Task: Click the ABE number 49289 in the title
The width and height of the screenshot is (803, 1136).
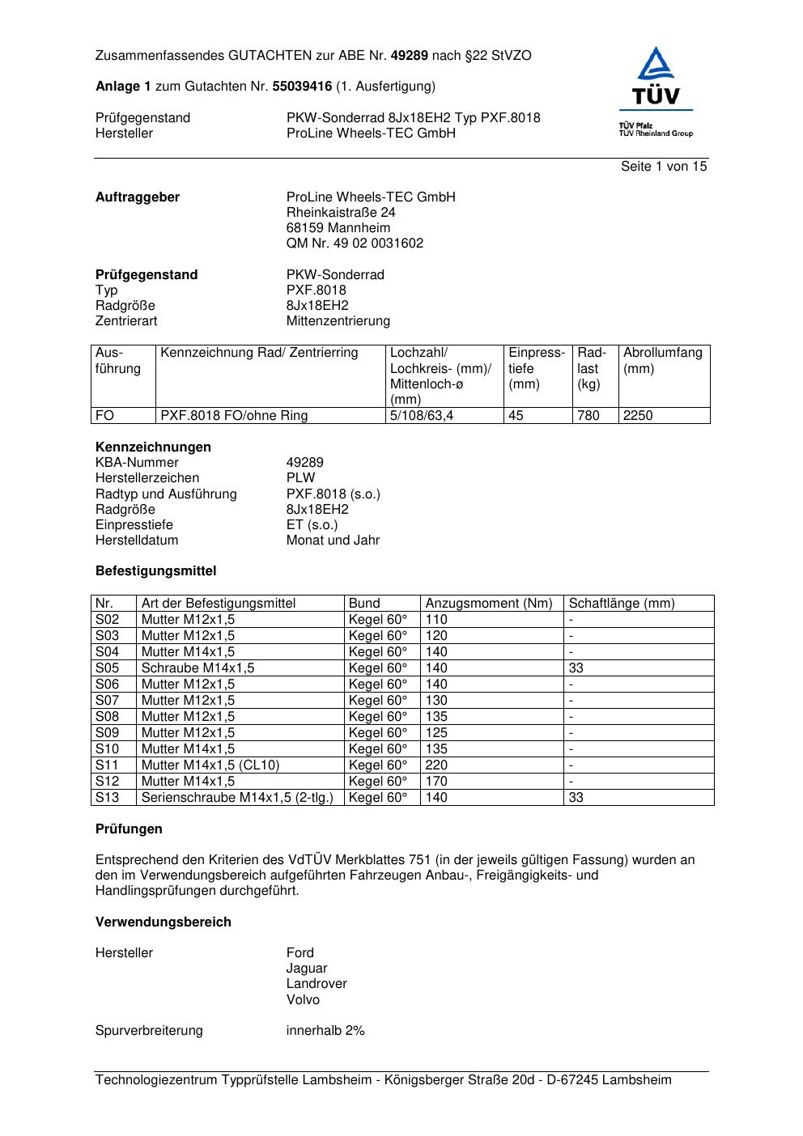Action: [x=410, y=56]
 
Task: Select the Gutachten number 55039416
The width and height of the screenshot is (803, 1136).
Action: [x=302, y=86]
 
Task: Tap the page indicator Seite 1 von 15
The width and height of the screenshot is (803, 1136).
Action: [x=664, y=167]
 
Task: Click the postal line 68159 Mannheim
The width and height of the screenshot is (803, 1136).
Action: [x=338, y=228]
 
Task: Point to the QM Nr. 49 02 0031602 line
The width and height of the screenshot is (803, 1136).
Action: [x=355, y=244]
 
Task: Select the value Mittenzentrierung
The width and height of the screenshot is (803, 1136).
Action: [x=338, y=321]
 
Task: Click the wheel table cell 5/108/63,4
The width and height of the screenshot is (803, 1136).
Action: [x=422, y=416]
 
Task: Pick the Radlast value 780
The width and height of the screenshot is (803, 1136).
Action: [x=588, y=416]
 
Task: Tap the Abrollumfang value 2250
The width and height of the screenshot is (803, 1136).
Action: [x=638, y=416]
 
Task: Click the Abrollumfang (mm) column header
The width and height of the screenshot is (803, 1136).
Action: [x=662, y=360]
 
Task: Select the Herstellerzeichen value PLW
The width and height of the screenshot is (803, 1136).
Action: [x=300, y=478]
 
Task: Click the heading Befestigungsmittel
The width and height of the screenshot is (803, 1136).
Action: [x=156, y=571]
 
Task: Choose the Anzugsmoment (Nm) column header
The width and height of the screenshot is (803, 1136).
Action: [x=489, y=604]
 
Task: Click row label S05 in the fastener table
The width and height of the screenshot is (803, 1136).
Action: [x=107, y=668]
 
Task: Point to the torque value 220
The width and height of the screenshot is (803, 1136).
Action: [x=436, y=765]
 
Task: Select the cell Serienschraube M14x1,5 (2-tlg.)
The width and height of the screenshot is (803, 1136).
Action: [x=237, y=798]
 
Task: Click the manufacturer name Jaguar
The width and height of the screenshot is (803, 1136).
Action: [x=307, y=969]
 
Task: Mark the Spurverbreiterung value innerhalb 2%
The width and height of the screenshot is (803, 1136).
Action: [x=325, y=1031]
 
